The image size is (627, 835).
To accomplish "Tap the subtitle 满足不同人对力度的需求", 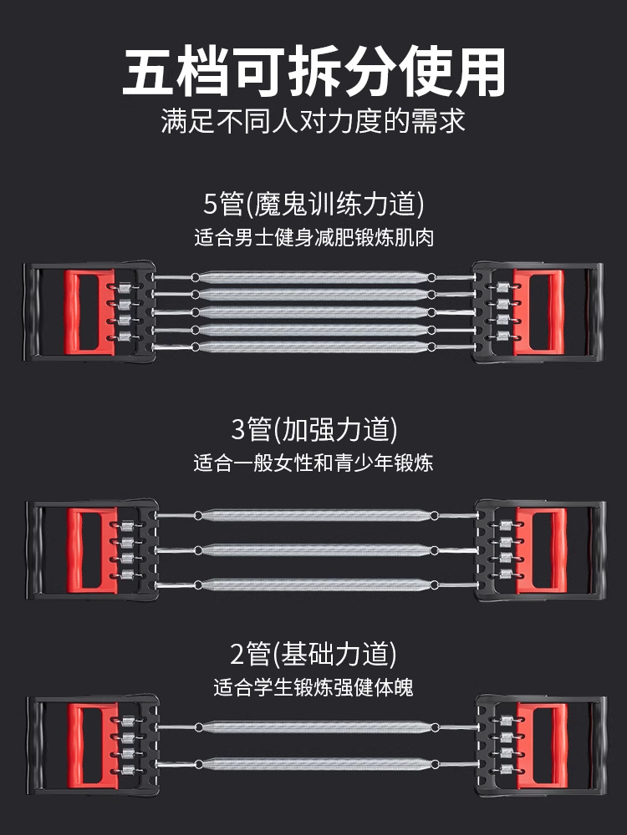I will pos(313,121).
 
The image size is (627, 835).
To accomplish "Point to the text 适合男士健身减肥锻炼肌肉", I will pos(313,237).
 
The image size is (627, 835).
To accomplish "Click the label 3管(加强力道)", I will pos(313,430).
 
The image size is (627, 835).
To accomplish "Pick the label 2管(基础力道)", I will pos(313,653).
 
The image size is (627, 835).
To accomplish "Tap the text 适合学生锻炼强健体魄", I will pos(313,688).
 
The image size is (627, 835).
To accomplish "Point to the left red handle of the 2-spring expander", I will pos(87,742).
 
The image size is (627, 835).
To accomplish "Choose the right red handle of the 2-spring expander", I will pos(540,742).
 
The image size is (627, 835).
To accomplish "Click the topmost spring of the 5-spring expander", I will pos(313,277).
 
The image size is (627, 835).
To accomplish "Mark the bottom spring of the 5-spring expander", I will pos(313,346).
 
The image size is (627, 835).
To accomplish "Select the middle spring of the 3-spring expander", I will pos(313,549).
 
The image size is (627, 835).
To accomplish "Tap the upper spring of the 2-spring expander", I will pos(313,726).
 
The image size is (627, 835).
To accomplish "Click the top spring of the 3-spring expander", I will pos(313,515).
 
